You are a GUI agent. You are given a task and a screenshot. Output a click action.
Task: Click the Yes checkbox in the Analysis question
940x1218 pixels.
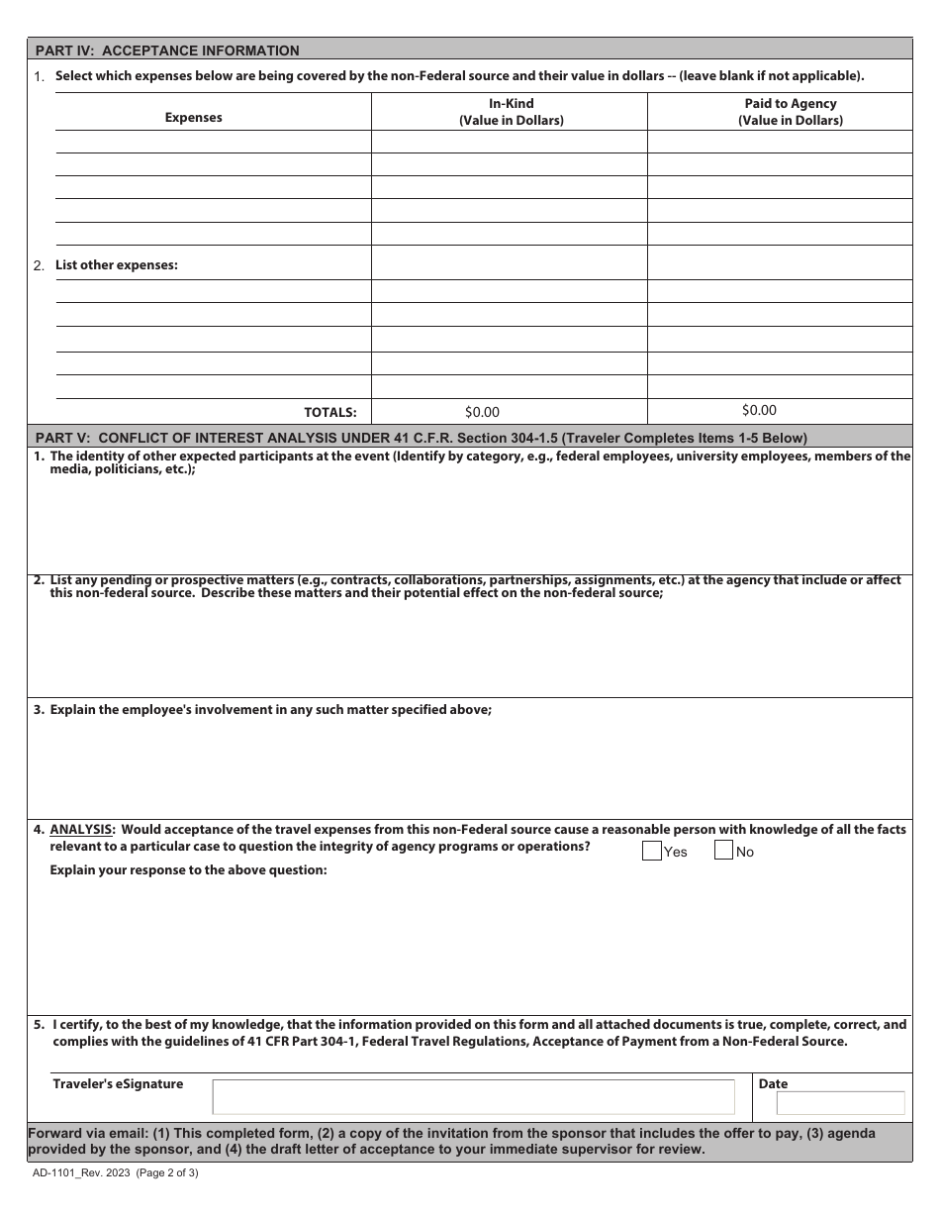652,851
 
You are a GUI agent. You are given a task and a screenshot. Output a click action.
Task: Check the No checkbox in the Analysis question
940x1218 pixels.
723,851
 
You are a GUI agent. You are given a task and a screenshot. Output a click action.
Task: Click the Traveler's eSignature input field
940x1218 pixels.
473,1097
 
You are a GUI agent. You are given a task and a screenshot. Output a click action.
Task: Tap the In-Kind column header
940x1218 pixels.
511,112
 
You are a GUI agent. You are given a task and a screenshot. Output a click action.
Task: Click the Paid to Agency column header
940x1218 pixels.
790,112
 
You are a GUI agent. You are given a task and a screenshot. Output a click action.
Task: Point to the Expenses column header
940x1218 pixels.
193,118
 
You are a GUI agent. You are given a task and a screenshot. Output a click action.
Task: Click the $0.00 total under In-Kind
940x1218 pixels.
482,412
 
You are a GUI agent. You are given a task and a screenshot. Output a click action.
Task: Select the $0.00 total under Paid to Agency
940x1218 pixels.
759,410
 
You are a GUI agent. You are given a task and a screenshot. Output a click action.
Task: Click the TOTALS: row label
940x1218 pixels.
329,413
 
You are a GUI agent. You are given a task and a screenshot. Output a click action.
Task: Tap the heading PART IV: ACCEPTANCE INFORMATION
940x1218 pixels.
167,51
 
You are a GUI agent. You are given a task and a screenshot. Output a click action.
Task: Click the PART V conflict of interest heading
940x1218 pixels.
421,438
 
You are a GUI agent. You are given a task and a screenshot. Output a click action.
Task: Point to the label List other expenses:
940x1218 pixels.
116,265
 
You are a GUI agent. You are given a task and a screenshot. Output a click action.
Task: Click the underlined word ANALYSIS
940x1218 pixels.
82,830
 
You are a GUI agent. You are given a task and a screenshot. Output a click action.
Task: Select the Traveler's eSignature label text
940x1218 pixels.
118,1084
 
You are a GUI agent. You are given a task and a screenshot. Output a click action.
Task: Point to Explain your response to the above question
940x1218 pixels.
188,870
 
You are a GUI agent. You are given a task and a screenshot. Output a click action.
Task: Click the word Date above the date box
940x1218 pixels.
773,1084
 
